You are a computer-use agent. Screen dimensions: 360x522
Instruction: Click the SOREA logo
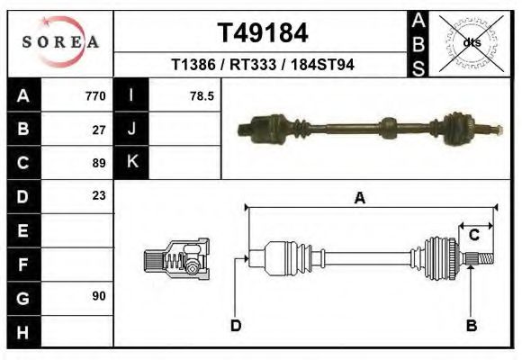point(60,42)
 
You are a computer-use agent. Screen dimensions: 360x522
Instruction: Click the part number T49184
point(263,33)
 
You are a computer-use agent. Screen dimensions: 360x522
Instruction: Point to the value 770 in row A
point(94,95)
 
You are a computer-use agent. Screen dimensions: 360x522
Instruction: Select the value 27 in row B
point(99,129)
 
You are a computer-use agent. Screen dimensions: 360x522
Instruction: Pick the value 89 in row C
point(99,163)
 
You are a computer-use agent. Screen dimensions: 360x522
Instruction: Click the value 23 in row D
point(99,195)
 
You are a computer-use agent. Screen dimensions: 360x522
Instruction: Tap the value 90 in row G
point(99,296)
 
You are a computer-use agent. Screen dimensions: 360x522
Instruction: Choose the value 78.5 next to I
point(201,95)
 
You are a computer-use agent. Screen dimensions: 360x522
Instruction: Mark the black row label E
point(22,230)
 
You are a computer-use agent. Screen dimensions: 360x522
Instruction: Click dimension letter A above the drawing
point(359,199)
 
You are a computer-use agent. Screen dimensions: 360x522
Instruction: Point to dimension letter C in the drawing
point(473,236)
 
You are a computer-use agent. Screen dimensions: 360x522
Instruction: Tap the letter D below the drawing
point(235,326)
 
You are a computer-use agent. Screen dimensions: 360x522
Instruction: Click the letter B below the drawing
point(471,326)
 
